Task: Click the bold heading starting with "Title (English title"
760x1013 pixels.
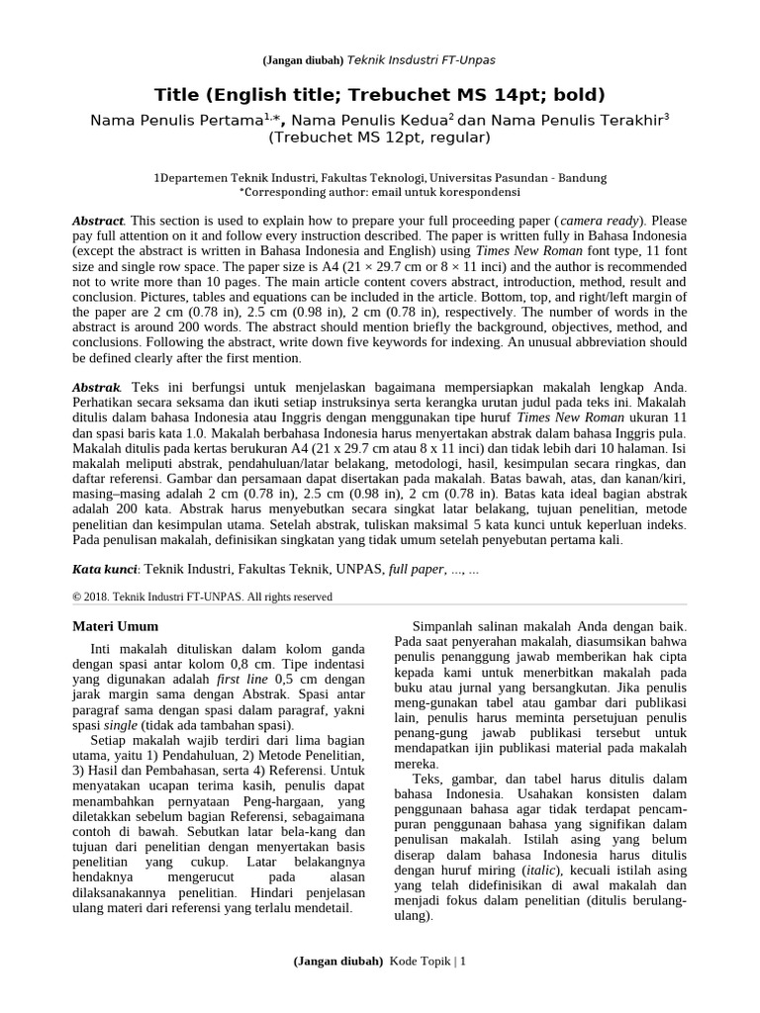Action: pyautogui.click(x=380, y=95)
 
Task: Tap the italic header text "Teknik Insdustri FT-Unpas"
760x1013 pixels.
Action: pyautogui.click(x=420, y=60)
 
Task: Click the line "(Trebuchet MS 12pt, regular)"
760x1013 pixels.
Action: pyautogui.click(x=380, y=138)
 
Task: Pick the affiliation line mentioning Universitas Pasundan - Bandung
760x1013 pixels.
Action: pyautogui.click(x=380, y=178)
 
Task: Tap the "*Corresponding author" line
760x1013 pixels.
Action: pyautogui.click(x=380, y=192)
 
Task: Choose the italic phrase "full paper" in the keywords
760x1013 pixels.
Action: pyautogui.click(x=417, y=570)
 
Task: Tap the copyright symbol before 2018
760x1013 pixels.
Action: pyautogui.click(x=78, y=598)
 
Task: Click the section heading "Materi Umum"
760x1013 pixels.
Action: pyautogui.click(x=116, y=627)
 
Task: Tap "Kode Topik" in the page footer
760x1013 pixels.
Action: pyautogui.click(x=421, y=961)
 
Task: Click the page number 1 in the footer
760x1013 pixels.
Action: pyautogui.click(x=462, y=961)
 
